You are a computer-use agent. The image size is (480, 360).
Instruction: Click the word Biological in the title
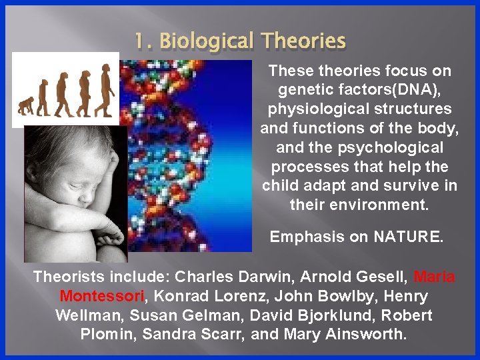[205, 42]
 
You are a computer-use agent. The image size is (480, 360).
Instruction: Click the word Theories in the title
[303, 42]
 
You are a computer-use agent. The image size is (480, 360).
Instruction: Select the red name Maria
[435, 276]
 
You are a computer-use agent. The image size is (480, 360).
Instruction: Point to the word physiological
[313, 108]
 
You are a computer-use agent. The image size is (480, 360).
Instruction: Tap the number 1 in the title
[139, 42]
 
